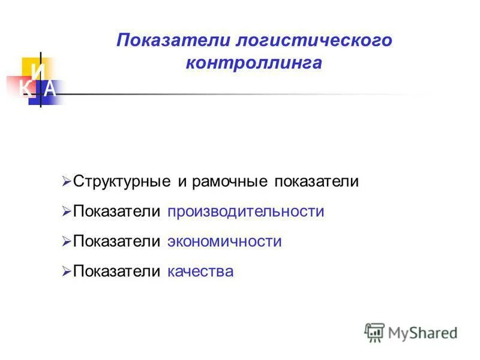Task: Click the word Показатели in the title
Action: point(173,41)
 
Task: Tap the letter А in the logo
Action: point(50,89)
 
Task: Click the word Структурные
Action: point(122,181)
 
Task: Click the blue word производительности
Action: point(246,212)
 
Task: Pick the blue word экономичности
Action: point(224,242)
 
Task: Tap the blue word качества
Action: point(200,272)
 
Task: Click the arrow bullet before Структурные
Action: point(66,181)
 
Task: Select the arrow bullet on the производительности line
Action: point(66,211)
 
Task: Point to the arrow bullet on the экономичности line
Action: point(66,241)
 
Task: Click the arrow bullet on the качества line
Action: point(66,272)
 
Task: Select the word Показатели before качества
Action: point(116,272)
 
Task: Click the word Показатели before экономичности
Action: point(116,242)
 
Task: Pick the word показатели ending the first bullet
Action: point(316,181)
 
